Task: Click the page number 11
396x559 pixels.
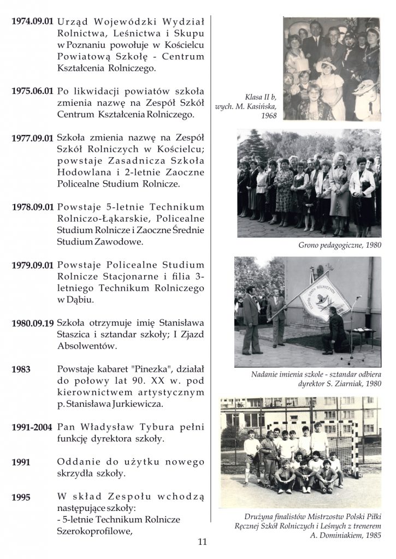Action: coord(202,542)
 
